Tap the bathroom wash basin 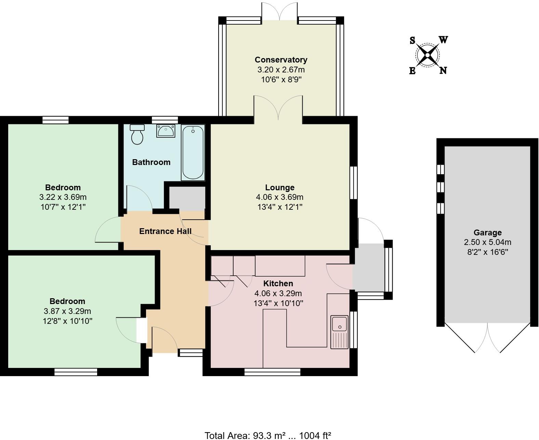click(x=166, y=131)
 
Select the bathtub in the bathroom click(x=193, y=152)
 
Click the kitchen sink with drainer click(x=339, y=332)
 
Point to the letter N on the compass click(x=443, y=71)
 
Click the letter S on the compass click(x=412, y=41)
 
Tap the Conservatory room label click(x=281, y=60)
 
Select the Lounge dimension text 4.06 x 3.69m click(x=279, y=197)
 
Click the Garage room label click(x=487, y=233)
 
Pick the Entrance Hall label click(x=165, y=231)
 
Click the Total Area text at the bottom click(x=268, y=435)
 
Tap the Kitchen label click(x=278, y=284)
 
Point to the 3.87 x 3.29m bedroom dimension click(x=67, y=311)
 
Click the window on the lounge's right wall click(x=354, y=183)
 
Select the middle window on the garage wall click(x=441, y=187)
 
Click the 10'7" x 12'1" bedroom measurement click(x=63, y=207)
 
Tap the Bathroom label click(x=151, y=162)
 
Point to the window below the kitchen click(x=273, y=372)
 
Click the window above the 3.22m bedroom click(x=55, y=120)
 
